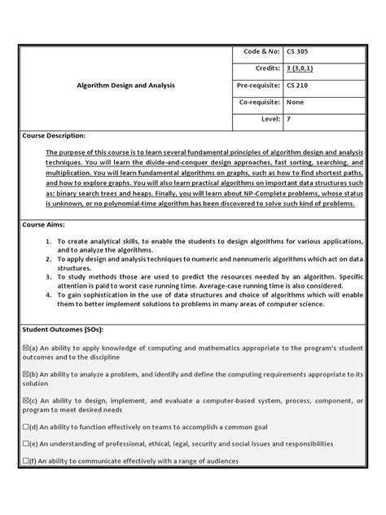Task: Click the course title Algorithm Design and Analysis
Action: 125,85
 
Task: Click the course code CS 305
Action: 297,51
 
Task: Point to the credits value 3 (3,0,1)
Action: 302,68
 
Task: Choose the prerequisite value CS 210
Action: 297,85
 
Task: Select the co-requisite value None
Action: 295,102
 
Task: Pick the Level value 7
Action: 288,119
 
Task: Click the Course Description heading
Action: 55,135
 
